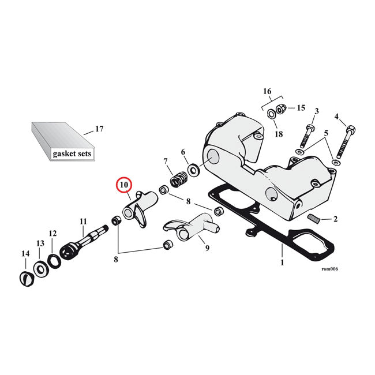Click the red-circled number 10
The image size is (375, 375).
(x=124, y=186)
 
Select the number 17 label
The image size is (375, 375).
(x=99, y=129)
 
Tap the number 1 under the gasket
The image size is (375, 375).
(x=282, y=262)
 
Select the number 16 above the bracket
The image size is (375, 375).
(x=267, y=91)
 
